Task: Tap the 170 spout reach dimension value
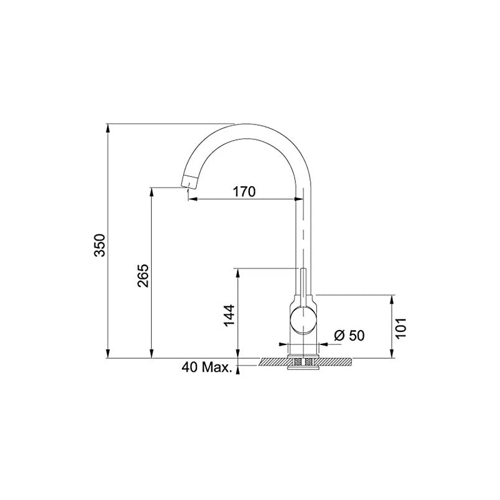click(x=244, y=191)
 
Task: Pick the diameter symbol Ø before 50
click(x=340, y=336)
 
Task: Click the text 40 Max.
click(x=207, y=367)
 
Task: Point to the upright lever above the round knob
click(x=304, y=284)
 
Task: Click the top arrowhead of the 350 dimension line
click(x=109, y=127)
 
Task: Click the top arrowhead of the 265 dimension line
click(x=152, y=191)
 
